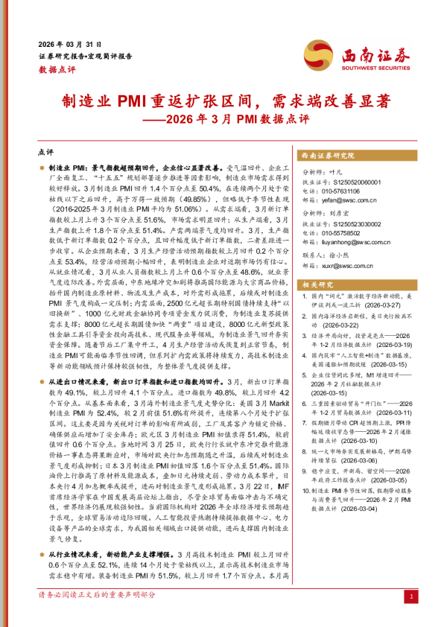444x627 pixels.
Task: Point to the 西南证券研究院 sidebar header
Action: [327, 155]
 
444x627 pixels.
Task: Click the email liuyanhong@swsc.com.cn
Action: [355, 242]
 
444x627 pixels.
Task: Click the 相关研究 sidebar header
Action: [317, 284]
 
